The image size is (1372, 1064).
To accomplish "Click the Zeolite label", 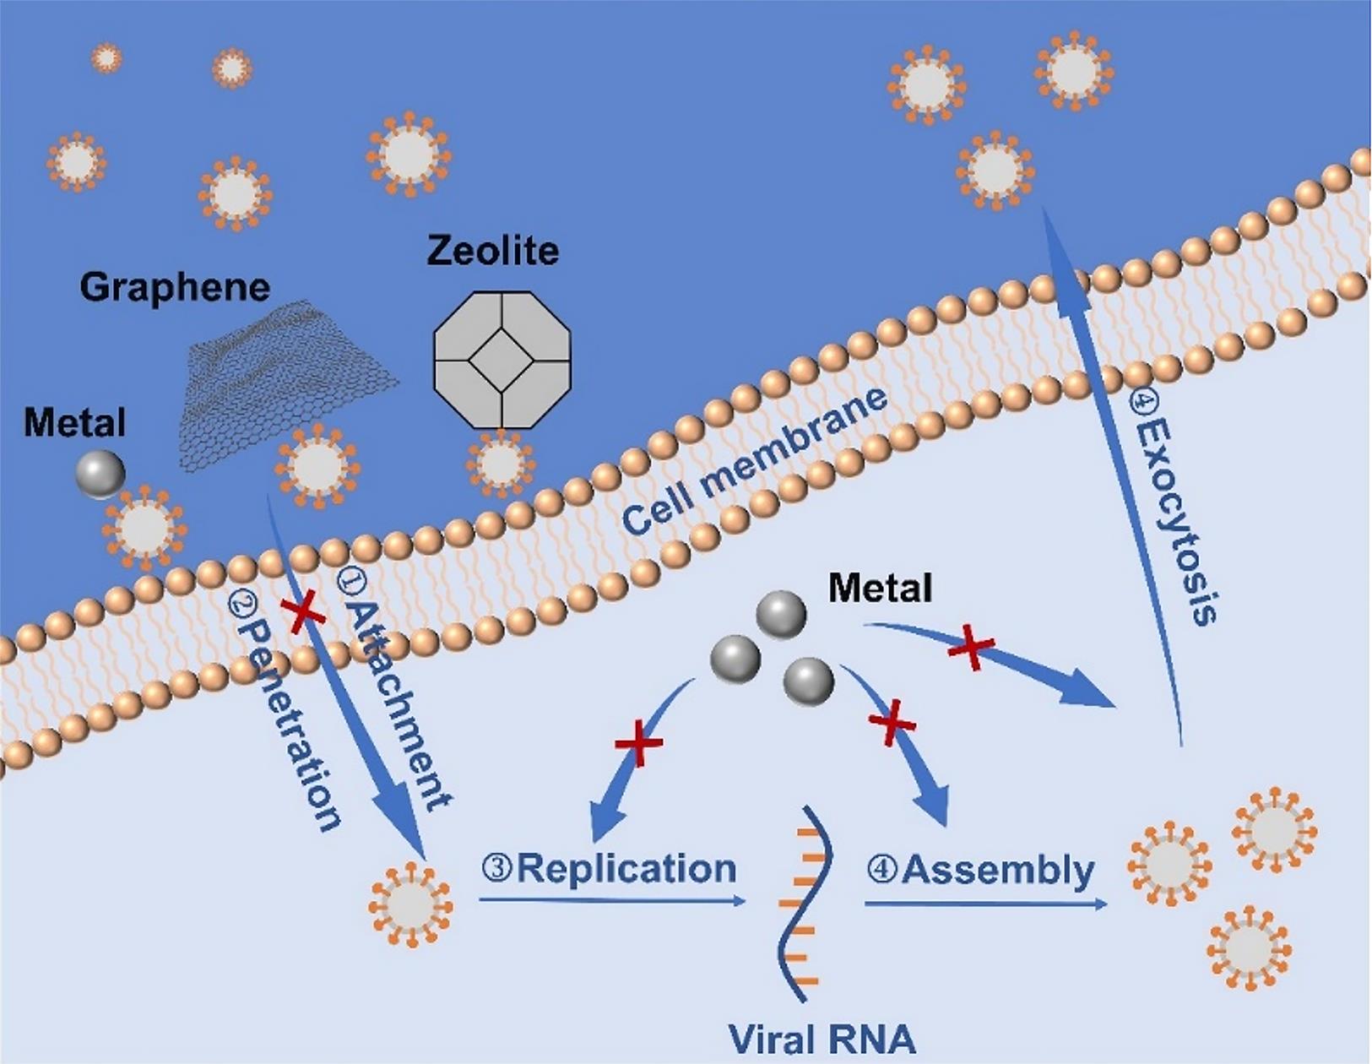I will point(492,251).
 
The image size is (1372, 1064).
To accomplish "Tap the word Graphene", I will point(175,288).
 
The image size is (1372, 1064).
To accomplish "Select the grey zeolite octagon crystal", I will point(502,360).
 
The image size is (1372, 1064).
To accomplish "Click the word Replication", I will point(626,868).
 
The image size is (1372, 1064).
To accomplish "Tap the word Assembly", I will point(997,870).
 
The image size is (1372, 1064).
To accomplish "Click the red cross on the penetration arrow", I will point(302,611).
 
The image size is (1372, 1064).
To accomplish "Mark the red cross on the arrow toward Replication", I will point(638,743).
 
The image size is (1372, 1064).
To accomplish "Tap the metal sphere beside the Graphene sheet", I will point(100,474).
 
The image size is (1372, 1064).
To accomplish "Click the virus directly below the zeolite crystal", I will point(502,464).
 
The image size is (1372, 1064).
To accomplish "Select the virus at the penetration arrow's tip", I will point(410,904).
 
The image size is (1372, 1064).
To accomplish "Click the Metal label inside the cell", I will point(880,588).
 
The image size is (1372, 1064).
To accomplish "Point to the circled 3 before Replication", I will point(497,867).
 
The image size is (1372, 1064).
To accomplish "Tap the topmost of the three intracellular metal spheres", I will point(781,614).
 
